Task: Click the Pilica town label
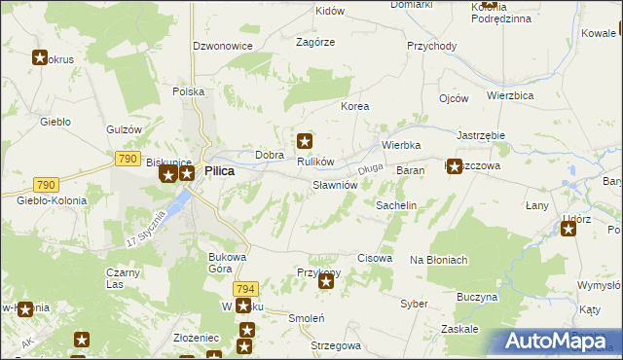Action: pyautogui.click(x=219, y=170)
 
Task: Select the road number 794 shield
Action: pyautogui.click(x=246, y=289)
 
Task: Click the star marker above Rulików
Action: pyautogui.click(x=306, y=141)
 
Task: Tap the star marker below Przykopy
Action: pyautogui.click(x=326, y=282)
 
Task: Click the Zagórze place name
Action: pyautogui.click(x=315, y=42)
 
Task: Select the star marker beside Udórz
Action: pyautogui.click(x=568, y=230)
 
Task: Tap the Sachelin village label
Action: pyautogui.click(x=396, y=206)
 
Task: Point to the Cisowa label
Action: pyautogui.click(x=375, y=259)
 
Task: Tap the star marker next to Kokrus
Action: pyautogui.click(x=40, y=57)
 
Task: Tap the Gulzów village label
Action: pyautogui.click(x=125, y=129)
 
